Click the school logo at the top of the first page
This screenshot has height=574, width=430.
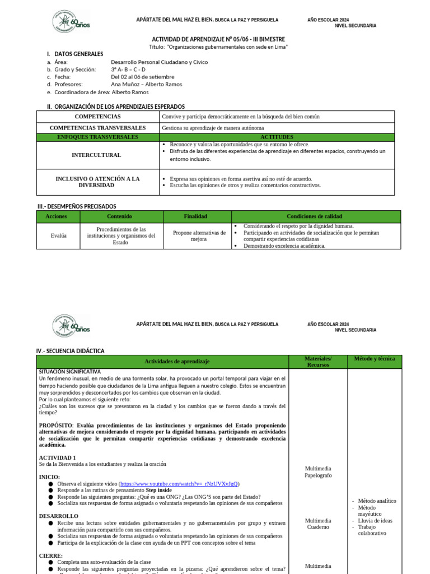click(x=71, y=22)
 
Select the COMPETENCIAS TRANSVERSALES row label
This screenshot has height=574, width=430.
click(x=97, y=128)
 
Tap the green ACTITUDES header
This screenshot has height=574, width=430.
click(x=277, y=137)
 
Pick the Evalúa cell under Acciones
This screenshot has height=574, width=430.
click(x=58, y=235)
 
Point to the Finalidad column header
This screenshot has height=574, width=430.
click(x=195, y=216)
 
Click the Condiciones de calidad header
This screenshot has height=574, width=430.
click(x=316, y=216)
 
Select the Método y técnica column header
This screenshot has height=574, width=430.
click(x=375, y=359)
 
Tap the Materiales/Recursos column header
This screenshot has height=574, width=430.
click(x=318, y=362)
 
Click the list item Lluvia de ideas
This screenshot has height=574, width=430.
click(x=375, y=520)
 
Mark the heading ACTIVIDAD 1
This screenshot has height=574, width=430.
click(x=57, y=457)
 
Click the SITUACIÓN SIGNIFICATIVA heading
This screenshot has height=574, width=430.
click(x=69, y=372)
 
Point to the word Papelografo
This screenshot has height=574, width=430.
click(x=318, y=475)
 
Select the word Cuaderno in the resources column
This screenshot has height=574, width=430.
click(x=318, y=527)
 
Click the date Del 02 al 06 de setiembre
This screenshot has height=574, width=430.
click(x=142, y=77)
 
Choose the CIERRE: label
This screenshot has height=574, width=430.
click(x=50, y=556)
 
